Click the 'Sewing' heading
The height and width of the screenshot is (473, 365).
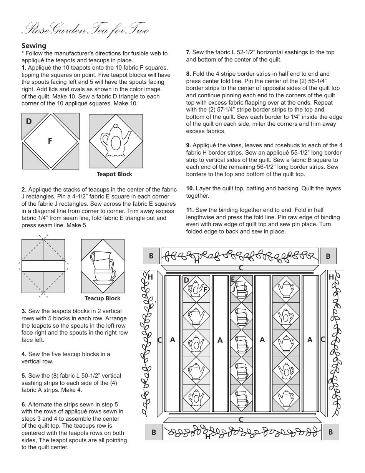34,46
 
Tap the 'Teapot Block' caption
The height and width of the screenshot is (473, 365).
114,174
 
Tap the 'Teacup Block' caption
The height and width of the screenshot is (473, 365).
103,298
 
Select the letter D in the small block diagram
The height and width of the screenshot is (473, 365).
29,122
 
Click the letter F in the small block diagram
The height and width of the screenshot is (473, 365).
50,141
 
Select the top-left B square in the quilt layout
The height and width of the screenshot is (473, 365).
151,256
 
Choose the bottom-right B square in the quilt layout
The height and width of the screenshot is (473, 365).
330,432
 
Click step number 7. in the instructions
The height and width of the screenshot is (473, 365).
188,52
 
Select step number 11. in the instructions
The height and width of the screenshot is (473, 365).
190,210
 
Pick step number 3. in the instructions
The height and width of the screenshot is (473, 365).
24,311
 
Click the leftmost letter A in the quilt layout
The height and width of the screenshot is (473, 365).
173,340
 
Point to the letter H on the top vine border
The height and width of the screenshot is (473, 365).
197,261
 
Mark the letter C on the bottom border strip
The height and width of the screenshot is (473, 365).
241,420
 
